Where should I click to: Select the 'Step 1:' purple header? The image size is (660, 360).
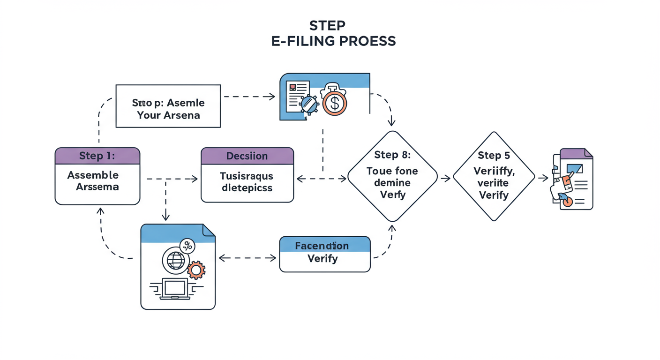click(x=97, y=156)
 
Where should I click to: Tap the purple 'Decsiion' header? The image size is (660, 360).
click(x=247, y=156)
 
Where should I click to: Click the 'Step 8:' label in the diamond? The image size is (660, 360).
click(x=392, y=155)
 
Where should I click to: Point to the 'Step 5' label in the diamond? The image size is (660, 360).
click(x=494, y=155)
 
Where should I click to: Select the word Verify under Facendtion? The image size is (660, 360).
click(x=322, y=258)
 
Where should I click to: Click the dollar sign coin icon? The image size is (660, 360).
click(x=334, y=103)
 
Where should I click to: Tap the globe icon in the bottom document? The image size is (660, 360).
click(x=175, y=261)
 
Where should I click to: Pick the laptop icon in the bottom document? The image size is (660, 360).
click(x=175, y=289)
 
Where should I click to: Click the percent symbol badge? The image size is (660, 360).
click(x=187, y=245)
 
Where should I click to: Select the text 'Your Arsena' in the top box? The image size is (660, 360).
click(x=168, y=115)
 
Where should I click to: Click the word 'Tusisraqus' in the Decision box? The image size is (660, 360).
click(x=247, y=177)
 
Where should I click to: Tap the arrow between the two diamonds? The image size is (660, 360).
click(x=445, y=178)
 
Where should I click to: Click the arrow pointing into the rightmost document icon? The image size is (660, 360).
click(x=543, y=178)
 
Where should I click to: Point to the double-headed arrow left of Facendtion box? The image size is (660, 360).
click(x=247, y=258)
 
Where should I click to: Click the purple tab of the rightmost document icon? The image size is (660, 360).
click(x=572, y=154)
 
